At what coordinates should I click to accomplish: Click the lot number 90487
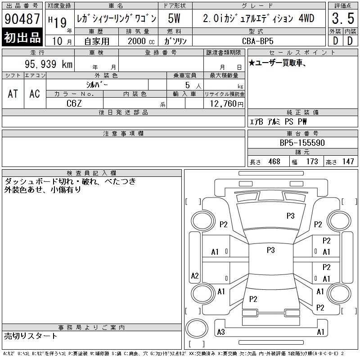(22, 18)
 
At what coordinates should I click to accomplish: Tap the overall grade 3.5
(343, 18)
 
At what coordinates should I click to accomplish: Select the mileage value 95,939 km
(49, 64)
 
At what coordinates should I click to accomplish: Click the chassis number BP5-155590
(302, 143)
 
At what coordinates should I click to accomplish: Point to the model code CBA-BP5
(257, 41)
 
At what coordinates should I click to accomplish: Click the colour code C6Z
(74, 103)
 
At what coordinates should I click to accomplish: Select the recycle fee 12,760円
(227, 104)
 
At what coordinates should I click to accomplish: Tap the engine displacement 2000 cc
(141, 41)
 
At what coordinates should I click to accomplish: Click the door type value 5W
(174, 18)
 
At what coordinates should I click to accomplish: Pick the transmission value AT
(13, 94)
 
